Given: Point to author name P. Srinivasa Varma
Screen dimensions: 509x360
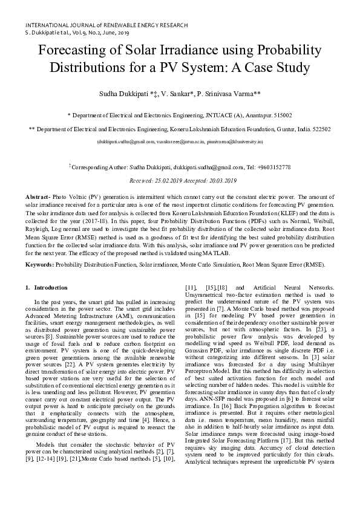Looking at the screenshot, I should (x=229, y=94).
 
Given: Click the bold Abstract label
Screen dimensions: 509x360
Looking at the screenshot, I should (x=39, y=197).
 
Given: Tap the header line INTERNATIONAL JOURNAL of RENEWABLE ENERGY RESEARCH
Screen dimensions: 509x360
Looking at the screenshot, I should (x=106, y=25).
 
